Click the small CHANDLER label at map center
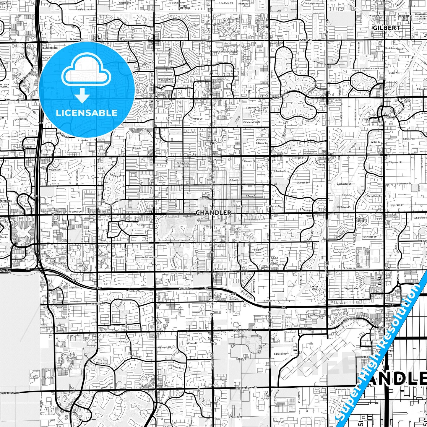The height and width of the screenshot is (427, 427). click(213, 212)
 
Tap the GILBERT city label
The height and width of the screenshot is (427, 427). click(386, 28)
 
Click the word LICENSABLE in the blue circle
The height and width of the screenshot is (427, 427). click(86, 113)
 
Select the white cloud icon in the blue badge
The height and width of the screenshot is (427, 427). click(86, 71)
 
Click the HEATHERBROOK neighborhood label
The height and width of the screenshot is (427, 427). click(50, 48)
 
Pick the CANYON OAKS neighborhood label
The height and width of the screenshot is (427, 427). click(314, 288)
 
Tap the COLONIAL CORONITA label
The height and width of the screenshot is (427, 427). click(361, 220)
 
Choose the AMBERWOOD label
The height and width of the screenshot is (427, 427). click(125, 3)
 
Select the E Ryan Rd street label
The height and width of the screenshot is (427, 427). click(241, 359)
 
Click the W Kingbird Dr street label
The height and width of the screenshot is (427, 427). click(164, 347)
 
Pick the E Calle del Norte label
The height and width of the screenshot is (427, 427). click(252, 122)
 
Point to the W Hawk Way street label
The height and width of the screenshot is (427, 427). click(107, 386)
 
